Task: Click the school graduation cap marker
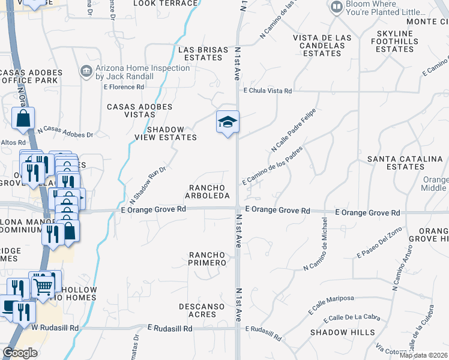click(228, 123)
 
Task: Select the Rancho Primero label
click(208, 259)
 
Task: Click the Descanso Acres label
click(202, 310)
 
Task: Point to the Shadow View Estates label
click(172, 133)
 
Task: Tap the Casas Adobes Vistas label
click(139, 111)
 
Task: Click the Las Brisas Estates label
click(203, 53)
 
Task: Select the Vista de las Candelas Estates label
click(322, 46)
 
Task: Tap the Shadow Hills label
click(343, 332)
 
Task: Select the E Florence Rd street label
click(124, 87)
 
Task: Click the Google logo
click(20, 353)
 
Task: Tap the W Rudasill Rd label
click(55, 328)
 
